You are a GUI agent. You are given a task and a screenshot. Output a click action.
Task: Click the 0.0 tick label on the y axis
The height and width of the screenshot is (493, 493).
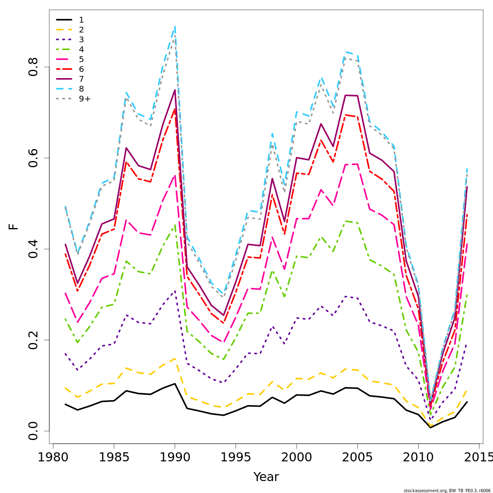pos(33,431)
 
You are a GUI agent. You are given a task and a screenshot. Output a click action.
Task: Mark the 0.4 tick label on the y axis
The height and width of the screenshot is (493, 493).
pos(33,249)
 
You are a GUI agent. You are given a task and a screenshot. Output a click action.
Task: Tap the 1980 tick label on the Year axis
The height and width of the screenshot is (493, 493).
pos(53,457)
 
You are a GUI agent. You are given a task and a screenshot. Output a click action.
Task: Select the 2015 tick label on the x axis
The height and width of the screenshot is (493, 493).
pos(479,457)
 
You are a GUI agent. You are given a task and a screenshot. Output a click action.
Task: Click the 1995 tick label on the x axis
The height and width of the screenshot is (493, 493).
pos(235,457)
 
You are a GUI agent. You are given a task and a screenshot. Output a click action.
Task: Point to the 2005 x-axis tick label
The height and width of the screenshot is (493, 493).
pos(357,457)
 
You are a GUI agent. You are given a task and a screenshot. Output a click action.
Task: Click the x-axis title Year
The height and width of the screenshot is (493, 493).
pos(266,477)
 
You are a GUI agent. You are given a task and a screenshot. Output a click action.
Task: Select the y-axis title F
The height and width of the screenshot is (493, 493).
pos(14,226)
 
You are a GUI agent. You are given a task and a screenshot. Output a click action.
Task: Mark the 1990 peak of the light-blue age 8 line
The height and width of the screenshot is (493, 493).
pos(175,26)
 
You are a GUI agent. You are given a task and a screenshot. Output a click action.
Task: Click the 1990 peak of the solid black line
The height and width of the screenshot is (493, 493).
pos(175,384)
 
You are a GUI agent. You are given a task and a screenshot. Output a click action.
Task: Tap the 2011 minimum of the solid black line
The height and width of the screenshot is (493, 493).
pos(430,428)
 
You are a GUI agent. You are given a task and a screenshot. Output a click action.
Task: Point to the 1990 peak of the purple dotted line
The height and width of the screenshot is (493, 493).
pos(175,291)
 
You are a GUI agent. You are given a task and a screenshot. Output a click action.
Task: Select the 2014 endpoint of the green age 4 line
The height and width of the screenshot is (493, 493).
pos(467,295)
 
